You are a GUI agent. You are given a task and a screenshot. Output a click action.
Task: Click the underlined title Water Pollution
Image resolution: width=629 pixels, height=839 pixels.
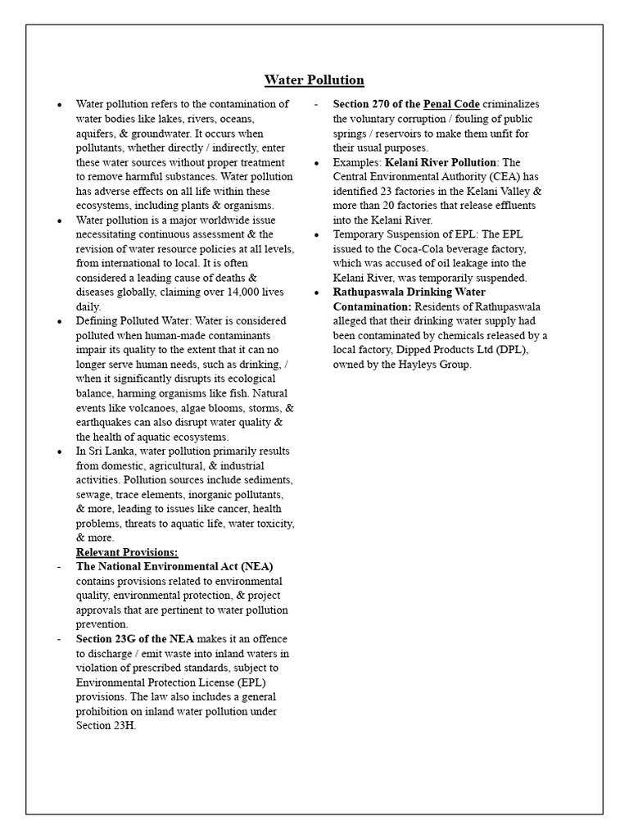pos(314,79)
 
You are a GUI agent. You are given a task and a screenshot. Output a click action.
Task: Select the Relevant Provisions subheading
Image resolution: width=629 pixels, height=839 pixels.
pos(127,552)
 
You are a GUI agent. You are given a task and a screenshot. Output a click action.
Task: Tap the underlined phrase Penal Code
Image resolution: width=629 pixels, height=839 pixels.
pos(451,104)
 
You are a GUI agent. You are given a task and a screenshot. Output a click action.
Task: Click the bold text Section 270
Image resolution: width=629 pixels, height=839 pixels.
pos(366,104)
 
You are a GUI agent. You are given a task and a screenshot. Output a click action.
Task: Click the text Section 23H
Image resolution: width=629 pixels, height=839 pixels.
pos(106,726)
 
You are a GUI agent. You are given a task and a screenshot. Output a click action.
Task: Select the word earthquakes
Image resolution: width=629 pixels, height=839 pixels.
pos(107,422)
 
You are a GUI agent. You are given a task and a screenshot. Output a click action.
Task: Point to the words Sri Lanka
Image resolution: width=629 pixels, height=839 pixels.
pos(110,451)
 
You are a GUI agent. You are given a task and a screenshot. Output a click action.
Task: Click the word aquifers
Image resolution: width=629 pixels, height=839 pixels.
pos(97,133)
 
